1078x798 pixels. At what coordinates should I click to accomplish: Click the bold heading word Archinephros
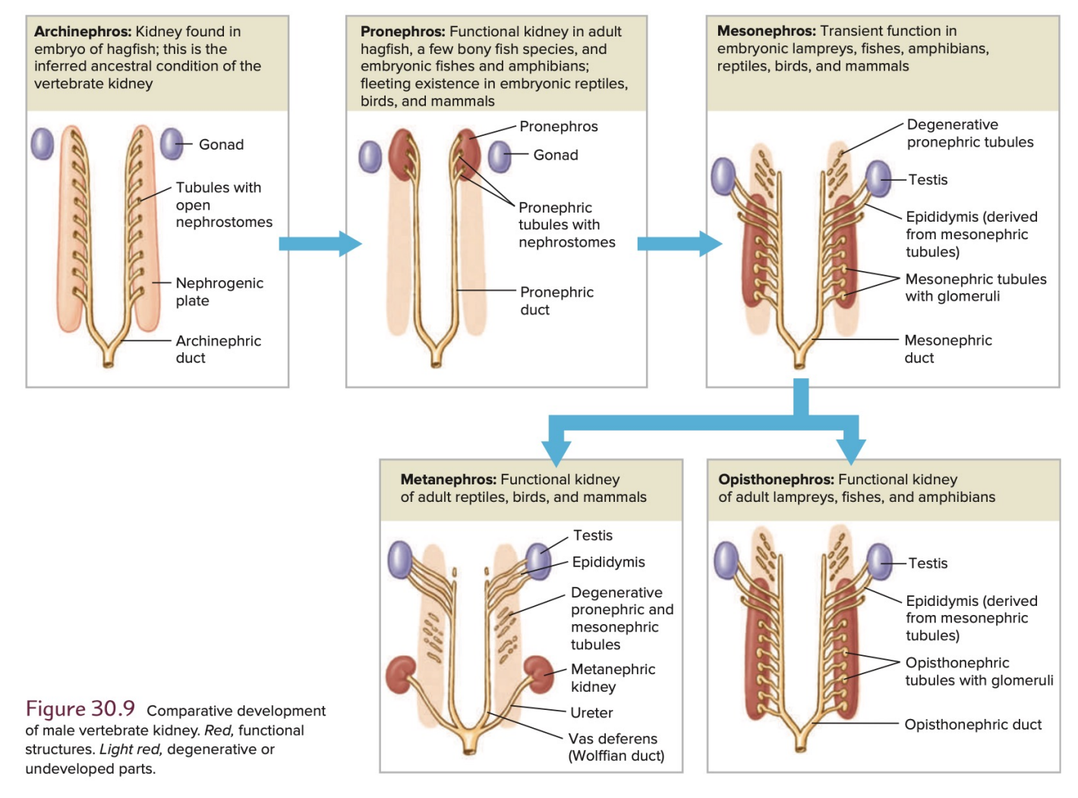[83, 32]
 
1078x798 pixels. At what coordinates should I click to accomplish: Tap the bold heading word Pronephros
[402, 32]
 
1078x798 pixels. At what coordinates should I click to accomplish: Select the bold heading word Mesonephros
[766, 31]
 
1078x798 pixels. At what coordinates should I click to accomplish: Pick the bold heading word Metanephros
[448, 480]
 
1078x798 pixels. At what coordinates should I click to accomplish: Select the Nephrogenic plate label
[219, 292]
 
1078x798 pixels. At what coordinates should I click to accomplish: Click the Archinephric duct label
[218, 349]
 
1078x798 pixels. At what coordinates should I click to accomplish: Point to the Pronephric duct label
[556, 301]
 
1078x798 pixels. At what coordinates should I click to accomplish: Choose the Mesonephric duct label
[947, 349]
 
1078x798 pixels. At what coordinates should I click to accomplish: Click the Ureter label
[591, 713]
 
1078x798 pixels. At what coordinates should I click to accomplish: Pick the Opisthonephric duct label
[972, 724]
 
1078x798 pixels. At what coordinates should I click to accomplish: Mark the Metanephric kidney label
[613, 678]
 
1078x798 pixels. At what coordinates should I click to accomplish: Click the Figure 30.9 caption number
[80, 709]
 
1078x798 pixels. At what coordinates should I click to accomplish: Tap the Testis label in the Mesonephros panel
[928, 180]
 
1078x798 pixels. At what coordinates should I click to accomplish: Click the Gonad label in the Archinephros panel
[221, 145]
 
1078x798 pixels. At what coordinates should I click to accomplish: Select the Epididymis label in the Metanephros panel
[608, 562]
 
